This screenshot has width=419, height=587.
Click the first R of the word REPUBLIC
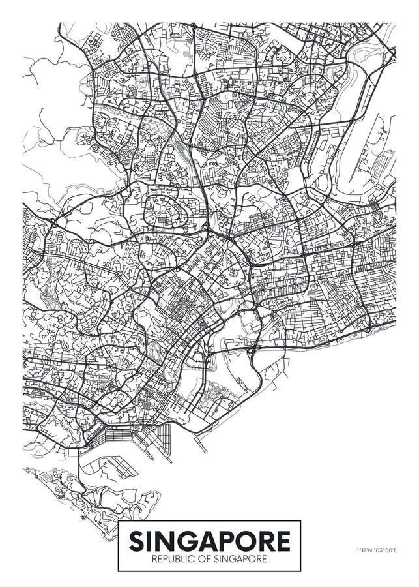[x=153, y=560]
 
